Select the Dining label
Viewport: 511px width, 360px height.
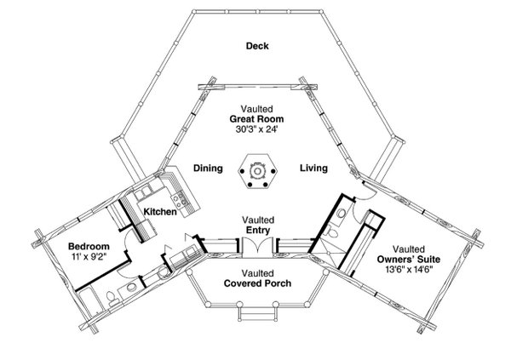(208, 169)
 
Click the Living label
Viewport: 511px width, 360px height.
(313, 169)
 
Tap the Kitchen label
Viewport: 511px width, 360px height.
(159, 211)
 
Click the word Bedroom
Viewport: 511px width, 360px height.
(88, 247)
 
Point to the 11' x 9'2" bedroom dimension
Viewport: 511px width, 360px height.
(88, 258)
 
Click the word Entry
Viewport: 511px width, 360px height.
(255, 230)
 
